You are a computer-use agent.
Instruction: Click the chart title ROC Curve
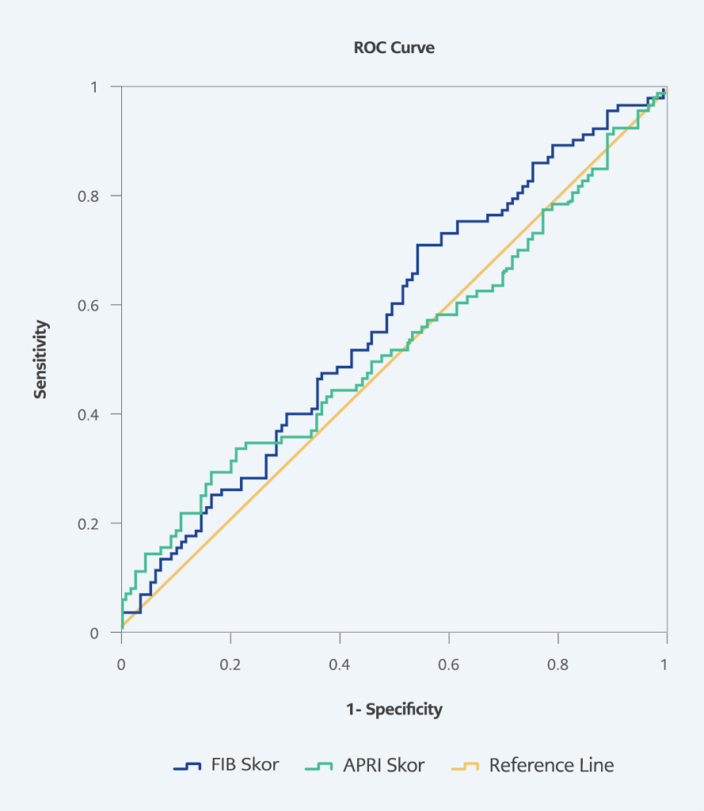click(394, 48)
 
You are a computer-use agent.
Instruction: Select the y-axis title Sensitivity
click(40, 359)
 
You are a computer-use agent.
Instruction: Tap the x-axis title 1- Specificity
click(394, 709)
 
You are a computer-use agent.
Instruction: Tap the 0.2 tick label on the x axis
click(230, 664)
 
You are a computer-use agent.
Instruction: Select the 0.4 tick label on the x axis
click(340, 664)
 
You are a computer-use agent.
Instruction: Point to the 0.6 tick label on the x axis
click(448, 664)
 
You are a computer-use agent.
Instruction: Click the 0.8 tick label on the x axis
click(557, 664)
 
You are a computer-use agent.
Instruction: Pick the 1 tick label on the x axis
click(666, 664)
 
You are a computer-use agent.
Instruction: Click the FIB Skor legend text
click(244, 766)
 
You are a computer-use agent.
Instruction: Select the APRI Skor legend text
click(383, 766)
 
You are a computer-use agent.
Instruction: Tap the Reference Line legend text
click(551, 766)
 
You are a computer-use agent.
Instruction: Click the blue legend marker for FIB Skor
click(188, 766)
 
